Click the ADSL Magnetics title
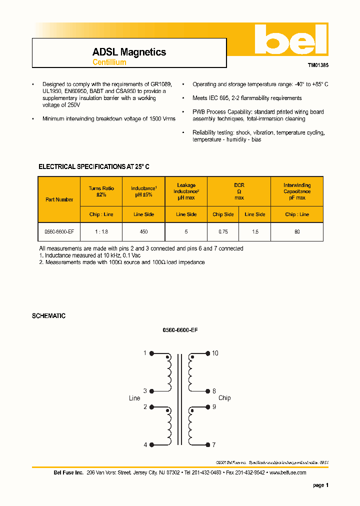129,52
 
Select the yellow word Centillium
109,62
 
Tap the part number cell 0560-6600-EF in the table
59,232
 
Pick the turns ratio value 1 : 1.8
101,232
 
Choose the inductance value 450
144,232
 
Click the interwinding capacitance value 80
297,232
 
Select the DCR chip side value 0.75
223,232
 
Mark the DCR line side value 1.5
254,232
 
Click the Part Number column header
59,199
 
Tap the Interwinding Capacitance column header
297,191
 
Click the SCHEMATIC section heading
48,316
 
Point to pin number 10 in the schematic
215,353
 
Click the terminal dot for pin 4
151,444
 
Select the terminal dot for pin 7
207,444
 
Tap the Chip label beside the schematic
224,398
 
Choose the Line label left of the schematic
134,398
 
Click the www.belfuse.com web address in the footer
287,472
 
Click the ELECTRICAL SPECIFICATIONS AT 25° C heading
94,166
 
